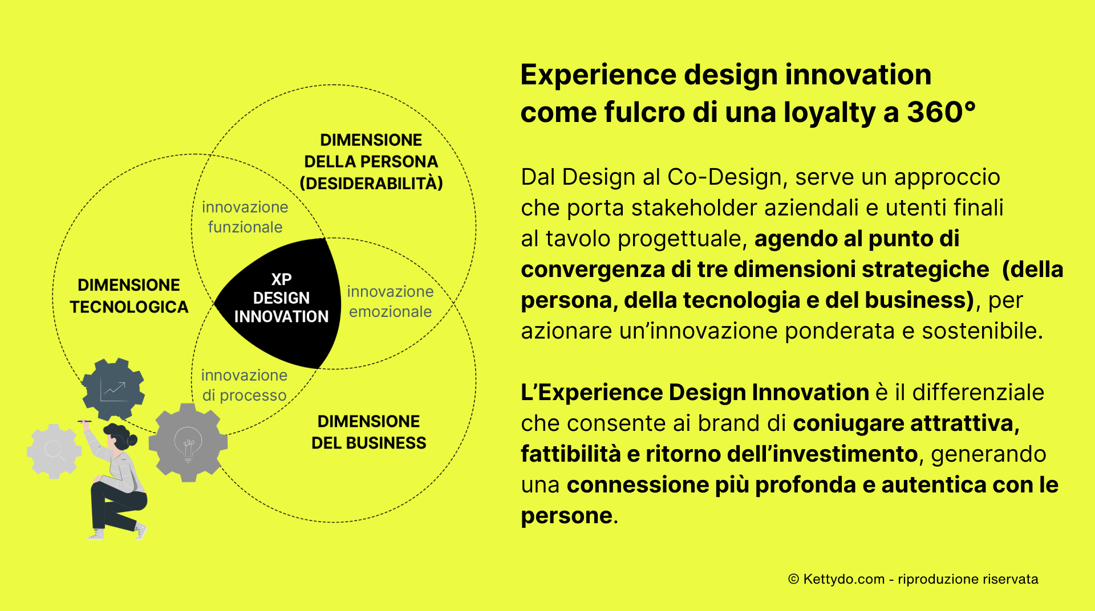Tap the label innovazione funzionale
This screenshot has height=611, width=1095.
click(x=245, y=217)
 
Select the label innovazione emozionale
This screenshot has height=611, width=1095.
click(x=391, y=302)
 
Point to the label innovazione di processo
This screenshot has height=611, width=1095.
click(x=244, y=385)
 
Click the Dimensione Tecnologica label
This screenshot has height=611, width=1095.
click(x=129, y=296)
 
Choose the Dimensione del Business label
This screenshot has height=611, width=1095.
click(x=369, y=432)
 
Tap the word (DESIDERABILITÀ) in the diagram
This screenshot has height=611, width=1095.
click(x=371, y=184)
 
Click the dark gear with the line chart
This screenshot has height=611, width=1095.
click(x=113, y=389)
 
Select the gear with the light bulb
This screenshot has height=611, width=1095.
click(x=188, y=442)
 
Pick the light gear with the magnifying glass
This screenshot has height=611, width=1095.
click(x=54, y=451)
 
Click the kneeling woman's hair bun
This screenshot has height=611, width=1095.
click(x=133, y=439)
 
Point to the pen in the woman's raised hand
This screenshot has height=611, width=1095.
click(x=84, y=421)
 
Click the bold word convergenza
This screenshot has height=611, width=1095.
click(x=593, y=270)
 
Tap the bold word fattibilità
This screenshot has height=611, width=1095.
click(x=570, y=454)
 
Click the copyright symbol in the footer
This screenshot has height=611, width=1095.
click(x=793, y=579)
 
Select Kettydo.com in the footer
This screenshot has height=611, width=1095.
click(x=844, y=579)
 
